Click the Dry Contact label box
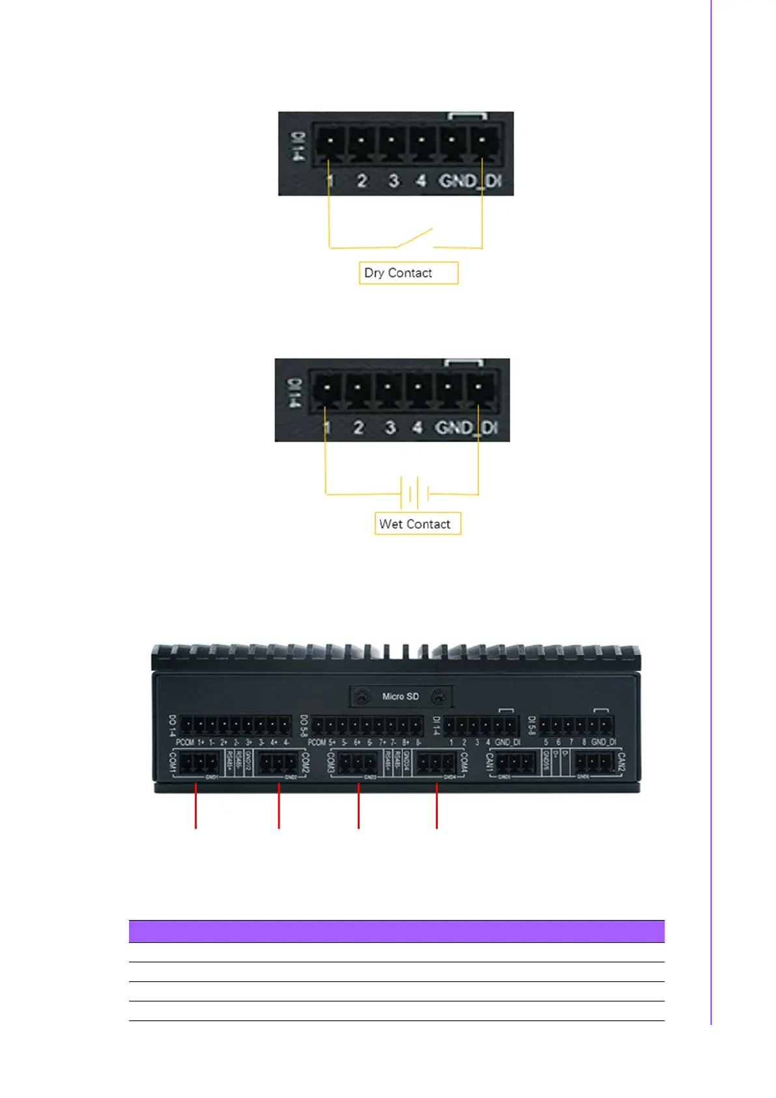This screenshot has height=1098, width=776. click(409, 273)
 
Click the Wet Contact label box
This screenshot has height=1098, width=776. click(418, 524)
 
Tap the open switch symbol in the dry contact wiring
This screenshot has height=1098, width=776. click(415, 239)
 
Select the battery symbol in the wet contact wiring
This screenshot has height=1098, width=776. click(414, 493)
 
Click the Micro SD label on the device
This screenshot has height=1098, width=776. click(400, 696)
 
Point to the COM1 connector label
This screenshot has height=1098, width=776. click(173, 762)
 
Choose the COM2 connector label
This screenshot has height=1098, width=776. click(305, 762)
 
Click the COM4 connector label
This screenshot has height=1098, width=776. click(464, 762)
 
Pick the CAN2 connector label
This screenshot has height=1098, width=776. click(621, 762)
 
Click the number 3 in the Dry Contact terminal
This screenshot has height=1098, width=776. click(394, 181)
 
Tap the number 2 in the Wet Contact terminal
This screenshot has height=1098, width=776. click(358, 428)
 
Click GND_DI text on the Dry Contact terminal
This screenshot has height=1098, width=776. click(470, 181)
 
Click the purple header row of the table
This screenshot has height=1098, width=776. click(396, 931)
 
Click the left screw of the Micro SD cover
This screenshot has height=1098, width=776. click(361, 697)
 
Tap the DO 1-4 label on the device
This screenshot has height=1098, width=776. click(173, 726)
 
